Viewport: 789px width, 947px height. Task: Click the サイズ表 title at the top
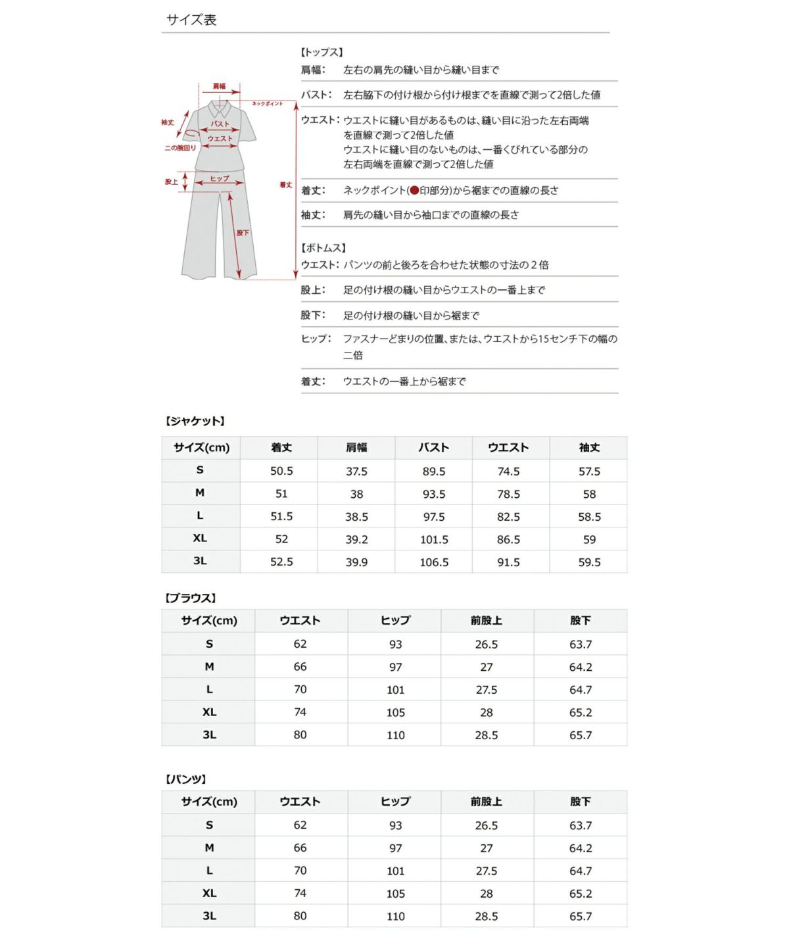tap(191, 20)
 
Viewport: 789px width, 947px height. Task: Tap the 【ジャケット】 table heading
tap(195, 421)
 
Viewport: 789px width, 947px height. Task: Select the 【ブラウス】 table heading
tap(190, 598)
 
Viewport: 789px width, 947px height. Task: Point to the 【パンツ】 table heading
tap(186, 779)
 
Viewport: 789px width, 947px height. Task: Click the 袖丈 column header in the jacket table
tap(589, 447)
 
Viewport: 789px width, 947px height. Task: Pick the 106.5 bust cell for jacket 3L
tap(434, 562)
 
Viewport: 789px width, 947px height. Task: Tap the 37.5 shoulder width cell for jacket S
tap(356, 471)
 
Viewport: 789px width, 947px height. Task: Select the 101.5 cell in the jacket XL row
tap(434, 539)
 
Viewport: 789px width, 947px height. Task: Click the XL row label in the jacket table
tap(200, 538)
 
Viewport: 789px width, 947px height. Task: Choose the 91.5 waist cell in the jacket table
tap(508, 562)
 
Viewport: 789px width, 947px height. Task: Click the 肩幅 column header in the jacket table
tap(356, 447)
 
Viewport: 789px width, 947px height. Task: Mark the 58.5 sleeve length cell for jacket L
tap(589, 517)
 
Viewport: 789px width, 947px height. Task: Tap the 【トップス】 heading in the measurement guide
tap(322, 52)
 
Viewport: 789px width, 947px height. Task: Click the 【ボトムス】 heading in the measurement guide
tap(323, 248)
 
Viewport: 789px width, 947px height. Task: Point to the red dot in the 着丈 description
tap(414, 191)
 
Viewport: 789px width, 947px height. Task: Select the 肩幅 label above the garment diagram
tap(219, 86)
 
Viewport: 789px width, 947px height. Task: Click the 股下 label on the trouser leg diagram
tap(243, 233)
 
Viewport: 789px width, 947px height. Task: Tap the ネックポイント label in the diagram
tap(267, 104)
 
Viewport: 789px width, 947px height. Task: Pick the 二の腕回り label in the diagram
tap(180, 148)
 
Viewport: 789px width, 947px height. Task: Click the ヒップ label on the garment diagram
tap(220, 178)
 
